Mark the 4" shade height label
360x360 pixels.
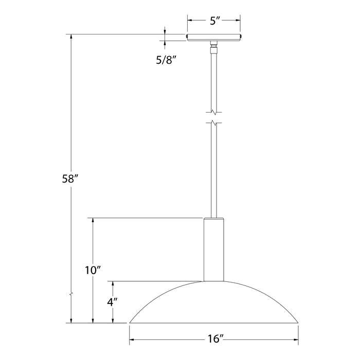click(x=111, y=303)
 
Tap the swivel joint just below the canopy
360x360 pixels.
click(x=214, y=48)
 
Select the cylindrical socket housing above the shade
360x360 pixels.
click(x=214, y=249)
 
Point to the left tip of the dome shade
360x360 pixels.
click(x=130, y=323)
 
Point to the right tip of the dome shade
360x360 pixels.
click(x=298, y=323)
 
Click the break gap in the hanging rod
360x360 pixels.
click(x=214, y=117)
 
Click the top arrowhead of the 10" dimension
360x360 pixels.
click(x=93, y=220)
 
